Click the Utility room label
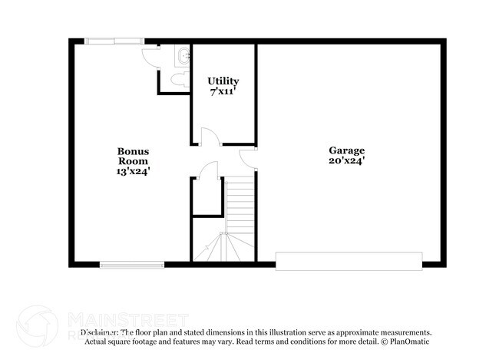[223, 81]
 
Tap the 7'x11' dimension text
[223, 91]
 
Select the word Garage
[347, 150]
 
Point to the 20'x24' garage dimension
[347, 161]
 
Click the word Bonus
[133, 151]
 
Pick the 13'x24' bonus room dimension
[133, 172]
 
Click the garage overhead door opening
[349, 260]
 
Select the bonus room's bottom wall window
[132, 266]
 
